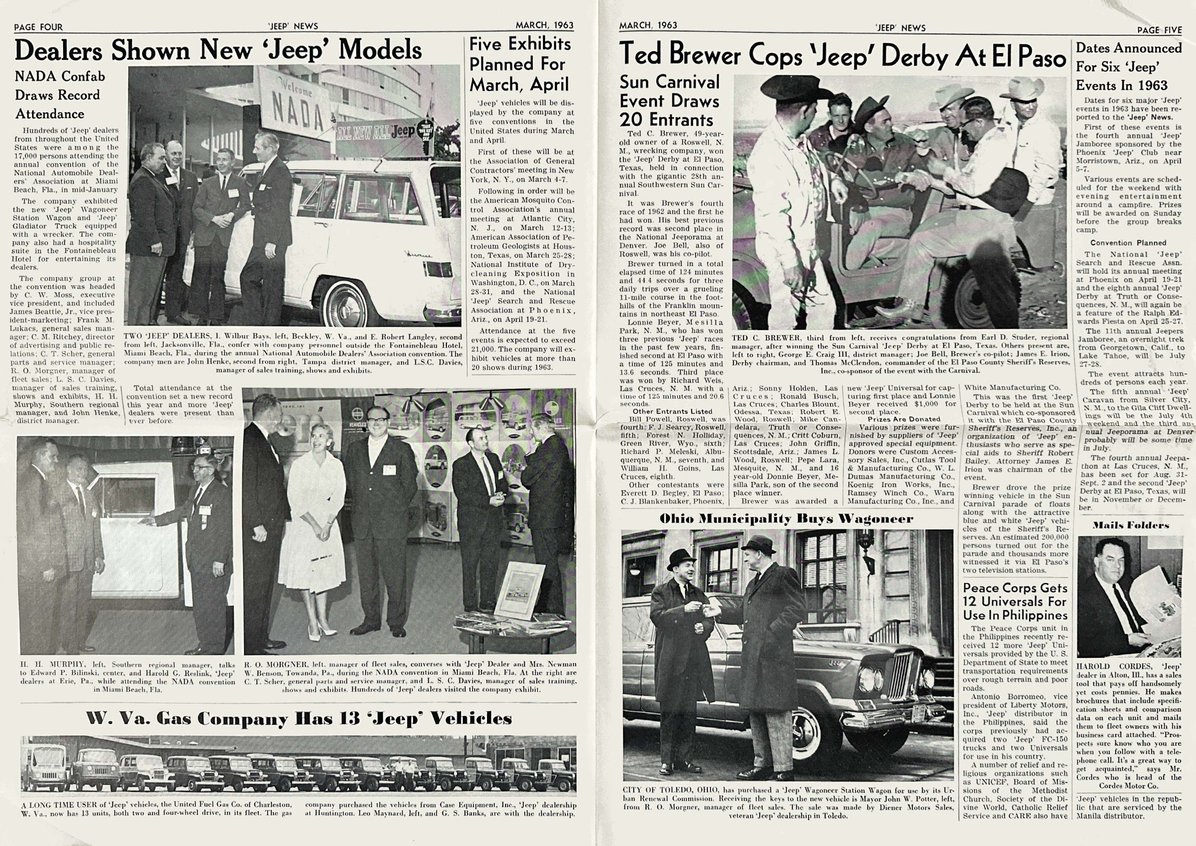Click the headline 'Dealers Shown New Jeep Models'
218,51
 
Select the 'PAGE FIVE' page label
1159,30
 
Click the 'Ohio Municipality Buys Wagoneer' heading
786,519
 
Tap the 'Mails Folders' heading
1130,525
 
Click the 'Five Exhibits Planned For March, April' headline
520,64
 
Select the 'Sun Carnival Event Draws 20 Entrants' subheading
669,100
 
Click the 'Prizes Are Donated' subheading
904,419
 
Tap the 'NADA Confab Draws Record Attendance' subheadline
60,95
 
